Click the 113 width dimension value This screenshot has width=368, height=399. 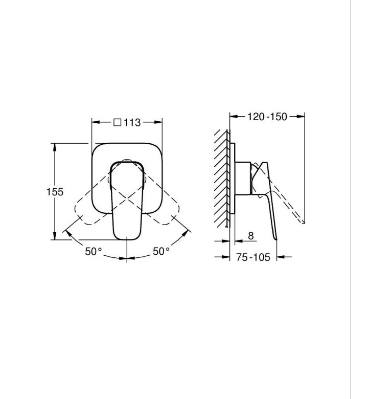132,123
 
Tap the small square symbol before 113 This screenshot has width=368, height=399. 117,122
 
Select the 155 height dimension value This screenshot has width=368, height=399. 55,192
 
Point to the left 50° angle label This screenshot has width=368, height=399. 94,251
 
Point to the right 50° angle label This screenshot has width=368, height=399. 161,251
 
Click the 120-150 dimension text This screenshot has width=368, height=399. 267,117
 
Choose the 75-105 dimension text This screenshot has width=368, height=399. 253,257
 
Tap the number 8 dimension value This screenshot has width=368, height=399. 251,236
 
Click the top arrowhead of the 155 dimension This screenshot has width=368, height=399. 54,147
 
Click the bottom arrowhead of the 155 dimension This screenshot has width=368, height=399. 54,236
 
